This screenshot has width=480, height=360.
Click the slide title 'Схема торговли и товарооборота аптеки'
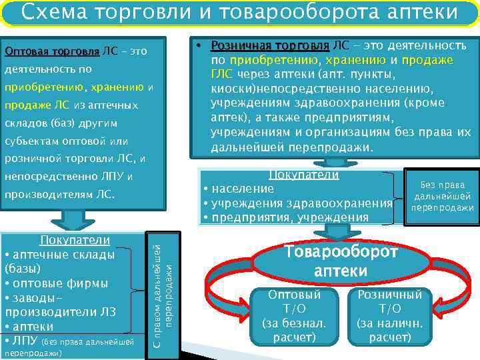click(x=239, y=13)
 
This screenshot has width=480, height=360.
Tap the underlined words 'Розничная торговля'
click(x=269, y=45)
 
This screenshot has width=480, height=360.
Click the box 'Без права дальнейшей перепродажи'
click(x=442, y=197)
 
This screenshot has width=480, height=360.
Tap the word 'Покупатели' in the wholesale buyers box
click(x=75, y=240)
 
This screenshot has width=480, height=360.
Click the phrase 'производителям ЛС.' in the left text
click(x=60, y=195)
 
